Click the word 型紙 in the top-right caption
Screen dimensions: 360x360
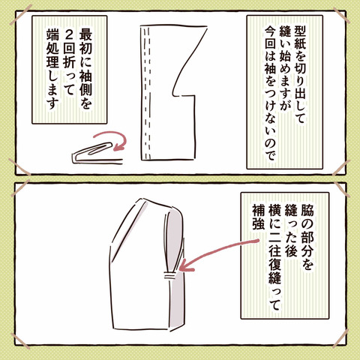click(300, 37)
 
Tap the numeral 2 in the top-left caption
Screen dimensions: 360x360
click(68, 38)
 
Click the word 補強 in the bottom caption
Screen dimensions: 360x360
click(259, 217)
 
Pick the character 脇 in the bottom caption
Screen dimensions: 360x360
click(307, 211)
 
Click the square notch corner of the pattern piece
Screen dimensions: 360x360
click(194, 95)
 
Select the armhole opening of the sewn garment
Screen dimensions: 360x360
click(174, 240)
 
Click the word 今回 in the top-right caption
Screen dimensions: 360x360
click(271, 37)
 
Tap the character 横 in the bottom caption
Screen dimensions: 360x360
click(275, 211)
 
